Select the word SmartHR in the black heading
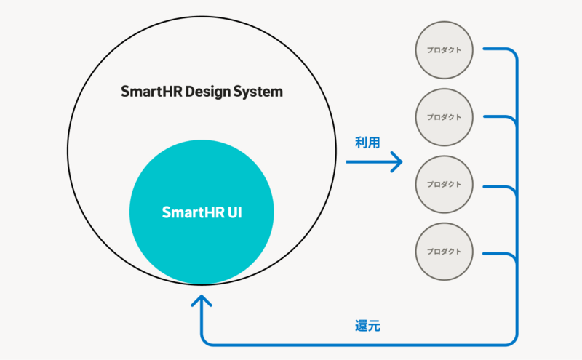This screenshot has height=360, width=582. [152, 92]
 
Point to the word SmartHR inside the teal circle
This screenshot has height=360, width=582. [188, 213]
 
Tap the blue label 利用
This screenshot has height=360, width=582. [367, 143]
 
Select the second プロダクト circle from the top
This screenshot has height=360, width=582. [444, 116]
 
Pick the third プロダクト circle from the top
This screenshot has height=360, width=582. [444, 184]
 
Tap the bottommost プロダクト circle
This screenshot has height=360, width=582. [444, 251]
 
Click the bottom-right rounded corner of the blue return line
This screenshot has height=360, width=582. [513, 340]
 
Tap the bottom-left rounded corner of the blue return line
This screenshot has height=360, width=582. [204, 340]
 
